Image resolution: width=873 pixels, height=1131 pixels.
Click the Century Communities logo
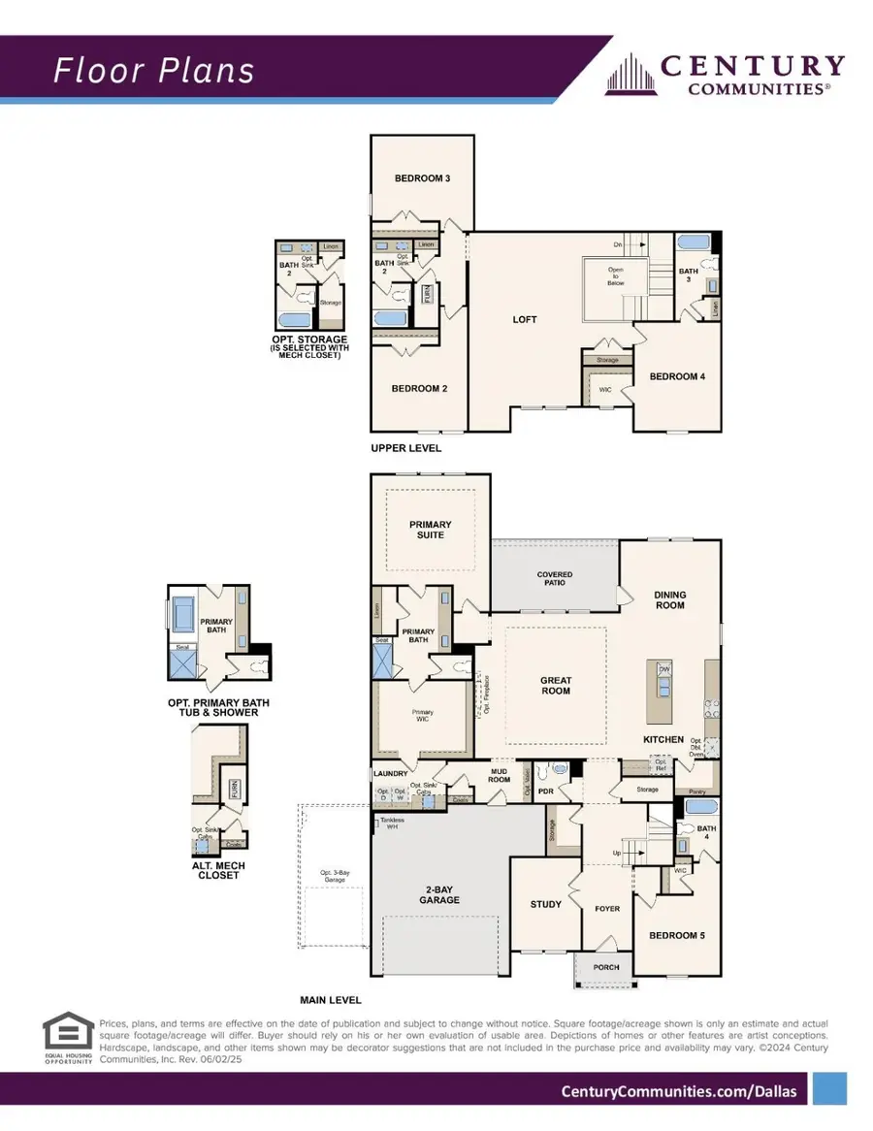click(725, 75)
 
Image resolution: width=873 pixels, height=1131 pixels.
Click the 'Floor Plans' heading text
click(154, 70)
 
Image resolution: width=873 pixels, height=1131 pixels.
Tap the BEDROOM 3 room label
click(422, 178)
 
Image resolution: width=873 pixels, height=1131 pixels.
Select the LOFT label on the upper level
click(525, 319)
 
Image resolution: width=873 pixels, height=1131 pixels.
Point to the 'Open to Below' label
click(616, 276)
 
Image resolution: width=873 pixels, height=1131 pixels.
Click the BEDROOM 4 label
click(676, 376)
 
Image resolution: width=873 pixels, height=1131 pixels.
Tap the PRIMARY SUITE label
click(430, 530)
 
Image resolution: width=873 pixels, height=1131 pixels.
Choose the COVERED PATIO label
click(555, 579)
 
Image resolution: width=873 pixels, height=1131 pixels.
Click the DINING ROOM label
click(669, 599)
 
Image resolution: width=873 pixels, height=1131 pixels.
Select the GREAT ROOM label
click(556, 686)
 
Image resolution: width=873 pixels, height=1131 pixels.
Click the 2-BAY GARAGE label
click(439, 894)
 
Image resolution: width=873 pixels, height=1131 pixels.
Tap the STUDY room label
click(545, 904)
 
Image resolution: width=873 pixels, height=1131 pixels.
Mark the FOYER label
click(606, 909)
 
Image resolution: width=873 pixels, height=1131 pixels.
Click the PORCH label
click(606, 967)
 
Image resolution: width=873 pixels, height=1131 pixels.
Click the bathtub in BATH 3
click(693, 242)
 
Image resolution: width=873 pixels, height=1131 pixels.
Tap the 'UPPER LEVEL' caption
click(405, 448)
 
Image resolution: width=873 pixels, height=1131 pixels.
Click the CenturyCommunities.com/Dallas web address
click(679, 1091)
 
